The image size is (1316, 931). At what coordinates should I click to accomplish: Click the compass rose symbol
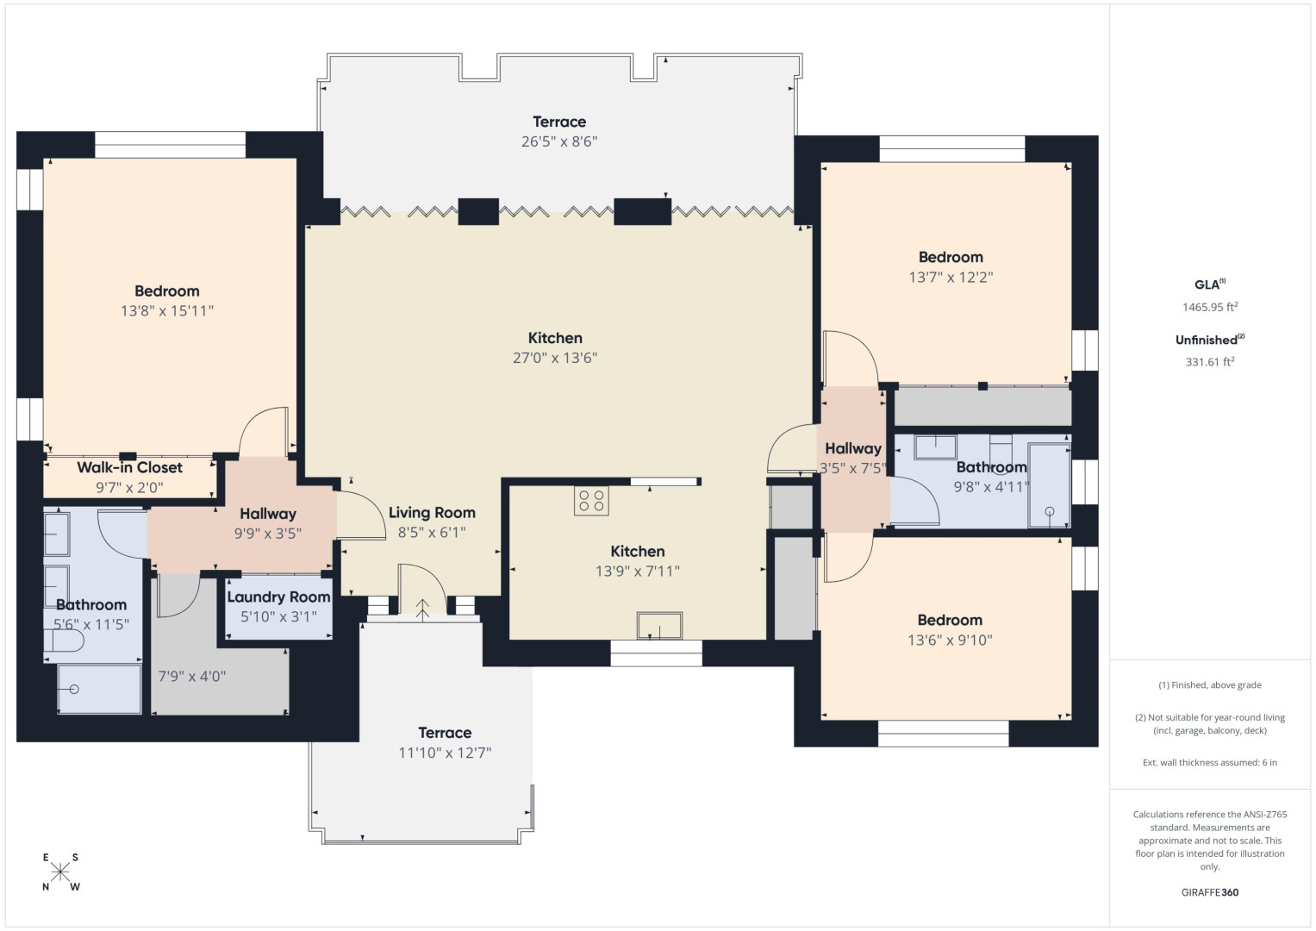click(60, 872)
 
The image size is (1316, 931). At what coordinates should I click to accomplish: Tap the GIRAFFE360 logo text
click(1210, 892)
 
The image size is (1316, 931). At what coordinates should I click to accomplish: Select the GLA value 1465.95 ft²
click(1210, 306)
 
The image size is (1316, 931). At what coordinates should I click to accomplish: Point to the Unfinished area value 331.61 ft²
click(1210, 361)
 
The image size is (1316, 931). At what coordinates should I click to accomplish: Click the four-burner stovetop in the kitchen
click(591, 501)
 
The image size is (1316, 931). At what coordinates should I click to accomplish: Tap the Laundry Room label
click(278, 597)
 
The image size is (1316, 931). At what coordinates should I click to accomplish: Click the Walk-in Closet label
click(130, 468)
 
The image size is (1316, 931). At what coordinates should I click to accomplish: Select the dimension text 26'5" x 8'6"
click(559, 141)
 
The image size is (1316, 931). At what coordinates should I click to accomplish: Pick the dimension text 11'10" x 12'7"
click(445, 753)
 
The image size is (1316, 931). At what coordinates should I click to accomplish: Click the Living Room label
click(432, 513)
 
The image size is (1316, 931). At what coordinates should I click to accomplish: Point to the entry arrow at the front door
click(422, 610)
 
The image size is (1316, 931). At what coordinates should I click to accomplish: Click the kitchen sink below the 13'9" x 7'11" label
click(659, 625)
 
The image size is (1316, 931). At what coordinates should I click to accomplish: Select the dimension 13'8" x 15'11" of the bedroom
click(167, 311)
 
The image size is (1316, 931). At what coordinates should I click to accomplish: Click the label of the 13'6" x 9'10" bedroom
click(950, 620)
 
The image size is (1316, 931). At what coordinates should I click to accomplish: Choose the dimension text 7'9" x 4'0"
click(192, 677)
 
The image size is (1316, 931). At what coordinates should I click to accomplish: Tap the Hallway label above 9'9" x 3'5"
click(268, 514)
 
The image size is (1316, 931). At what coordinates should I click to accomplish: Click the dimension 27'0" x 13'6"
click(555, 358)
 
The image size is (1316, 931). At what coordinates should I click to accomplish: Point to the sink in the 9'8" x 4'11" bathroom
click(935, 447)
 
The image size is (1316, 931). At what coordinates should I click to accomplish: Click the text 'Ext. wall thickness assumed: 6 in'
click(1210, 762)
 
